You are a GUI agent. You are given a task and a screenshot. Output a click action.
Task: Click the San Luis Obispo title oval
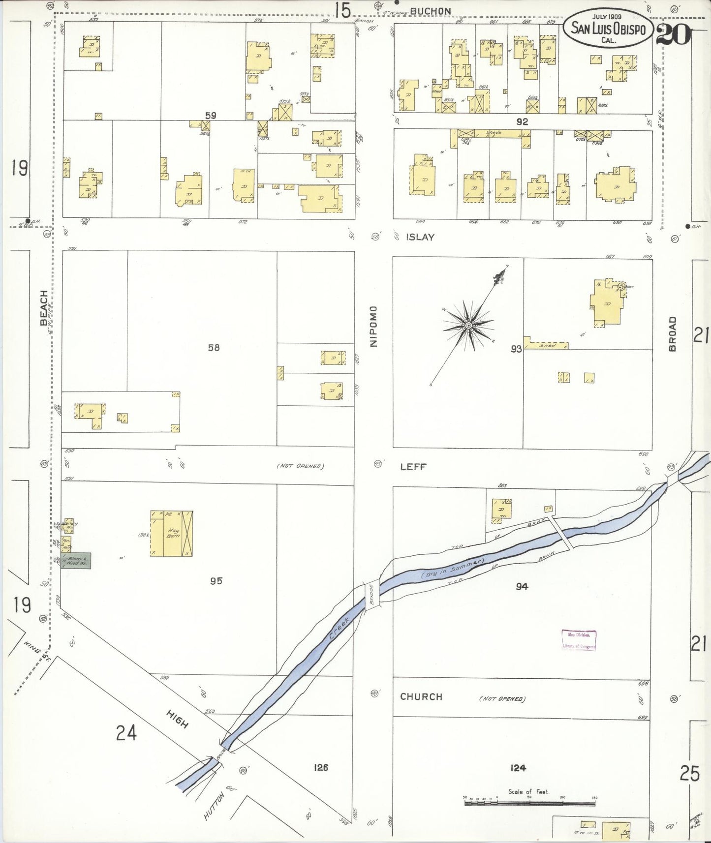608,28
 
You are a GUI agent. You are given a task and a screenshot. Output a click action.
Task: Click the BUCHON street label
430,11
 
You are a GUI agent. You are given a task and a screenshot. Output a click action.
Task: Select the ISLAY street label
420,237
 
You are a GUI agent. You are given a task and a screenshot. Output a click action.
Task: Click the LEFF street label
413,467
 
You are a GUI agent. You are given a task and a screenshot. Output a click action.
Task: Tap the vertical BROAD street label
673,333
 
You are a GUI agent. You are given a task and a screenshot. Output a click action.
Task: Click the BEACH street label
44,308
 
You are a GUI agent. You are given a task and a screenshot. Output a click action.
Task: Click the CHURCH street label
421,696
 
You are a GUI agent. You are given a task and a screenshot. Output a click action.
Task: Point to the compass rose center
468,325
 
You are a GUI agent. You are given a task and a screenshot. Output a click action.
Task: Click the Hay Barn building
172,534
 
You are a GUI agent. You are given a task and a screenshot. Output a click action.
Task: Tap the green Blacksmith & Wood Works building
76,561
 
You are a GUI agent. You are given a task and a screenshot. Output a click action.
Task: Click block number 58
214,348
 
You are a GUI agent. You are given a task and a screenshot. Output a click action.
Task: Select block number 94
522,586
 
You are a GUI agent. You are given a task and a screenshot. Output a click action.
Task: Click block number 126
320,767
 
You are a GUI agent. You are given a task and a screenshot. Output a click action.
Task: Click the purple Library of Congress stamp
579,640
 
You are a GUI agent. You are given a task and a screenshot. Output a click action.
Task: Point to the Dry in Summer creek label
453,568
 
